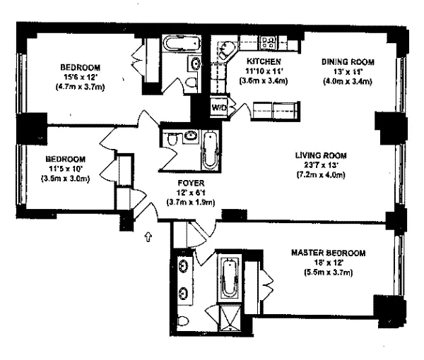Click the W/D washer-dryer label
219,108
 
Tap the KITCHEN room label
264,61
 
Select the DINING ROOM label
348,62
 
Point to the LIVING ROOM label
321,155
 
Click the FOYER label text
191,183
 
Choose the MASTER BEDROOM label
329,253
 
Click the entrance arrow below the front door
148,236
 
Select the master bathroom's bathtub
230,277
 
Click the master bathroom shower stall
230,318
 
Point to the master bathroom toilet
183,321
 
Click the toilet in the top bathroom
192,82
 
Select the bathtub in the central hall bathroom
211,150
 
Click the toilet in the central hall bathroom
172,139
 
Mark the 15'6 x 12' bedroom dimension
80,77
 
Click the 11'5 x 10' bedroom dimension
66,169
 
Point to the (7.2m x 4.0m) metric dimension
321,175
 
